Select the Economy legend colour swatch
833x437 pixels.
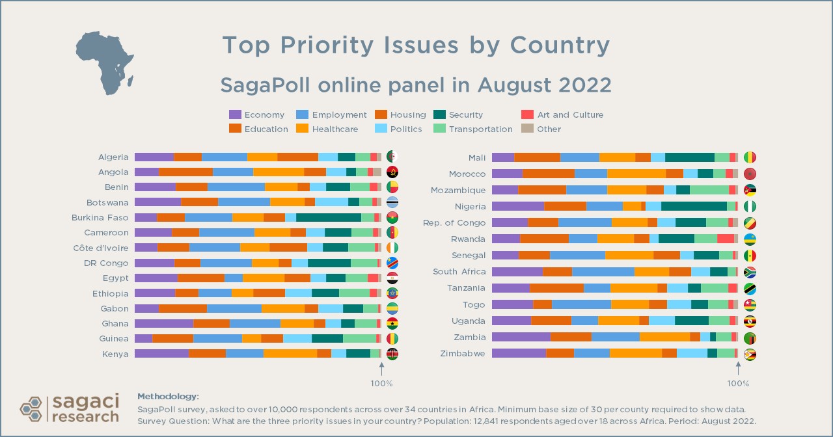tap(235, 115)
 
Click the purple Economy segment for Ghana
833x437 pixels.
tap(163, 323)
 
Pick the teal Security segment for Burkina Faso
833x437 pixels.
tap(329, 217)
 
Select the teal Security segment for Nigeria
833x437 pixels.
tap(694, 206)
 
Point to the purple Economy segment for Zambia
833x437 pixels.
tap(521, 337)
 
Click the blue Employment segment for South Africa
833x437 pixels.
tap(603, 272)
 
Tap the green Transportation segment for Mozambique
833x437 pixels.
tap(709, 190)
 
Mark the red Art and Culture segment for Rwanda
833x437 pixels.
tap(725, 239)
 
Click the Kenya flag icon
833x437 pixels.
tap(392, 354)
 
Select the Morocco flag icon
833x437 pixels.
tap(749, 174)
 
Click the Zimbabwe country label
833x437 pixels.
tap(463, 353)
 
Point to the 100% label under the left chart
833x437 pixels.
tap(381, 383)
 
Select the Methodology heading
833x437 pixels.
tap(168, 396)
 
